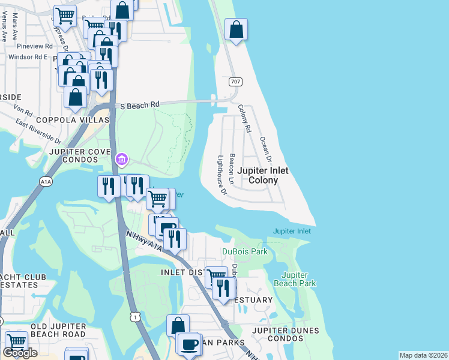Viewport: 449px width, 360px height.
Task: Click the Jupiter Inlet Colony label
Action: tap(262, 175)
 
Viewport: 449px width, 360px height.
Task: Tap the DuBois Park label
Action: tap(245, 251)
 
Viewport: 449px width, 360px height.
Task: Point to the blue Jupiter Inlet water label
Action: tap(292, 231)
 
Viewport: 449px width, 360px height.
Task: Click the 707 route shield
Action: tap(235, 81)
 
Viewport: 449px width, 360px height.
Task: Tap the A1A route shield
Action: tap(46, 181)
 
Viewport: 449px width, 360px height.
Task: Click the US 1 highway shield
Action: tap(135, 316)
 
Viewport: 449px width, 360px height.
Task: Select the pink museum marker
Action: tap(121, 159)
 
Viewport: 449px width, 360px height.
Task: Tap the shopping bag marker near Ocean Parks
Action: tap(178, 326)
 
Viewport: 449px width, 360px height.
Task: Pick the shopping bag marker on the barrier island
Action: tap(237, 29)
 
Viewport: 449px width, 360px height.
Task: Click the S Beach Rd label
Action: tap(140, 105)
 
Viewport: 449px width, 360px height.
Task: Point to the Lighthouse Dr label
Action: tap(222, 176)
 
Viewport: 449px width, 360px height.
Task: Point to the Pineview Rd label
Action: tap(35, 46)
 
